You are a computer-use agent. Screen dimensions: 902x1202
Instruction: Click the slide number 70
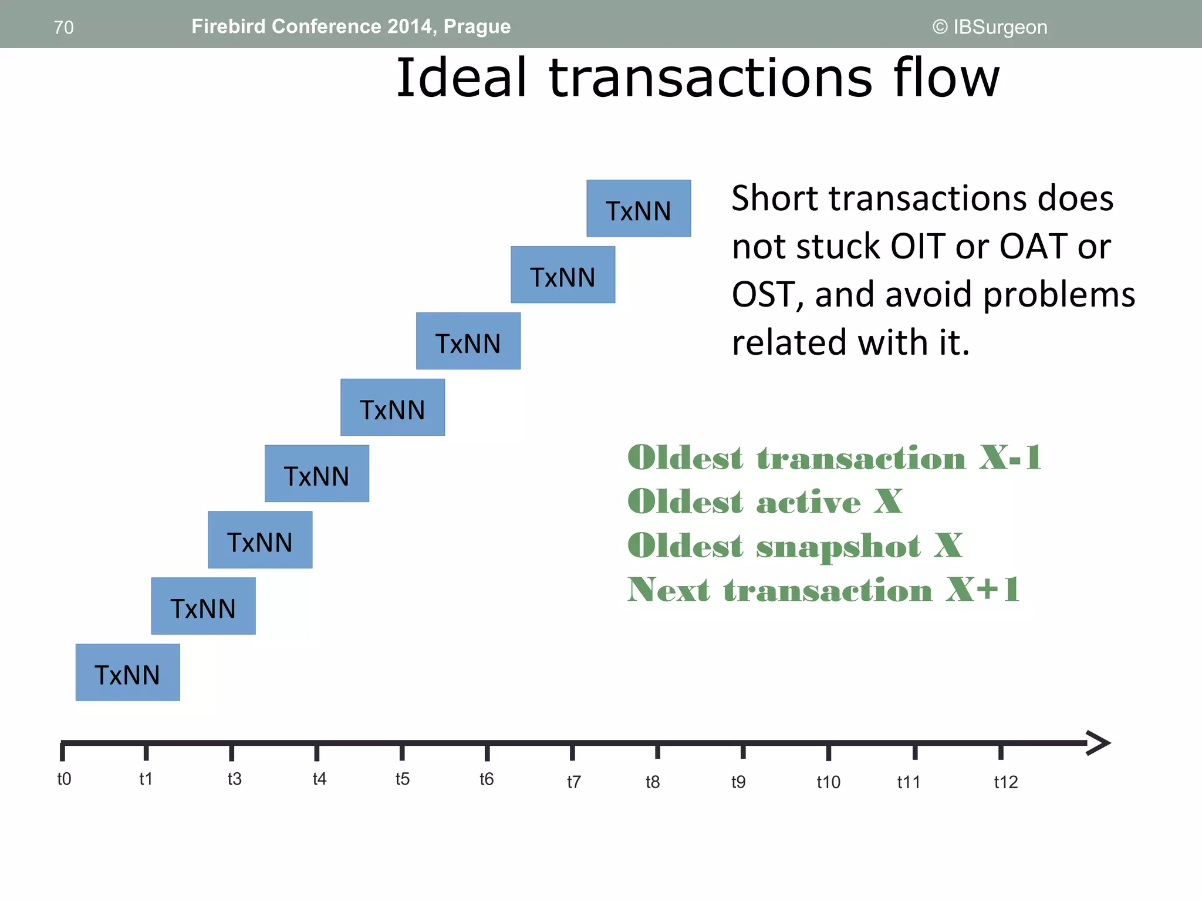tap(63, 28)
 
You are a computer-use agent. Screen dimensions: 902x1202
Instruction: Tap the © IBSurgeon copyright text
tap(990, 27)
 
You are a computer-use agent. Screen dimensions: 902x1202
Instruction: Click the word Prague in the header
tap(477, 26)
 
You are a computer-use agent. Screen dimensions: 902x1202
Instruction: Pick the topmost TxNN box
tap(639, 209)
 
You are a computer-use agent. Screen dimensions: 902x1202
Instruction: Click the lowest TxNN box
tap(127, 673)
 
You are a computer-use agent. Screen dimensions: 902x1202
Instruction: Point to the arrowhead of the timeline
tap(1099, 743)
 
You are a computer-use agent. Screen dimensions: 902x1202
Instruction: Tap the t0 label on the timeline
tap(64, 779)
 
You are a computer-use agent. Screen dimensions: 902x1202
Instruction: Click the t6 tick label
tap(487, 779)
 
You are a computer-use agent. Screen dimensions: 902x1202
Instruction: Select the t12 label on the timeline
tap(1005, 782)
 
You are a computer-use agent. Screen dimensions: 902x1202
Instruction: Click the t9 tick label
tap(738, 782)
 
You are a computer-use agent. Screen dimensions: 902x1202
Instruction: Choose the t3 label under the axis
tap(234, 779)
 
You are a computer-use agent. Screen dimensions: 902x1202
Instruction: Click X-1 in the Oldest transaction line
tap(1010, 457)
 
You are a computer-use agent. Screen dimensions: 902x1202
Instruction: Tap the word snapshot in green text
tap(838, 547)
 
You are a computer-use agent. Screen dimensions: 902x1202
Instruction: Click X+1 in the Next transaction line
tap(983, 590)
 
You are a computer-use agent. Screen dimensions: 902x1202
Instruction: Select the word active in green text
tap(808, 503)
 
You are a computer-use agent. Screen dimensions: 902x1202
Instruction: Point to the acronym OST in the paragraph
tap(767, 294)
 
